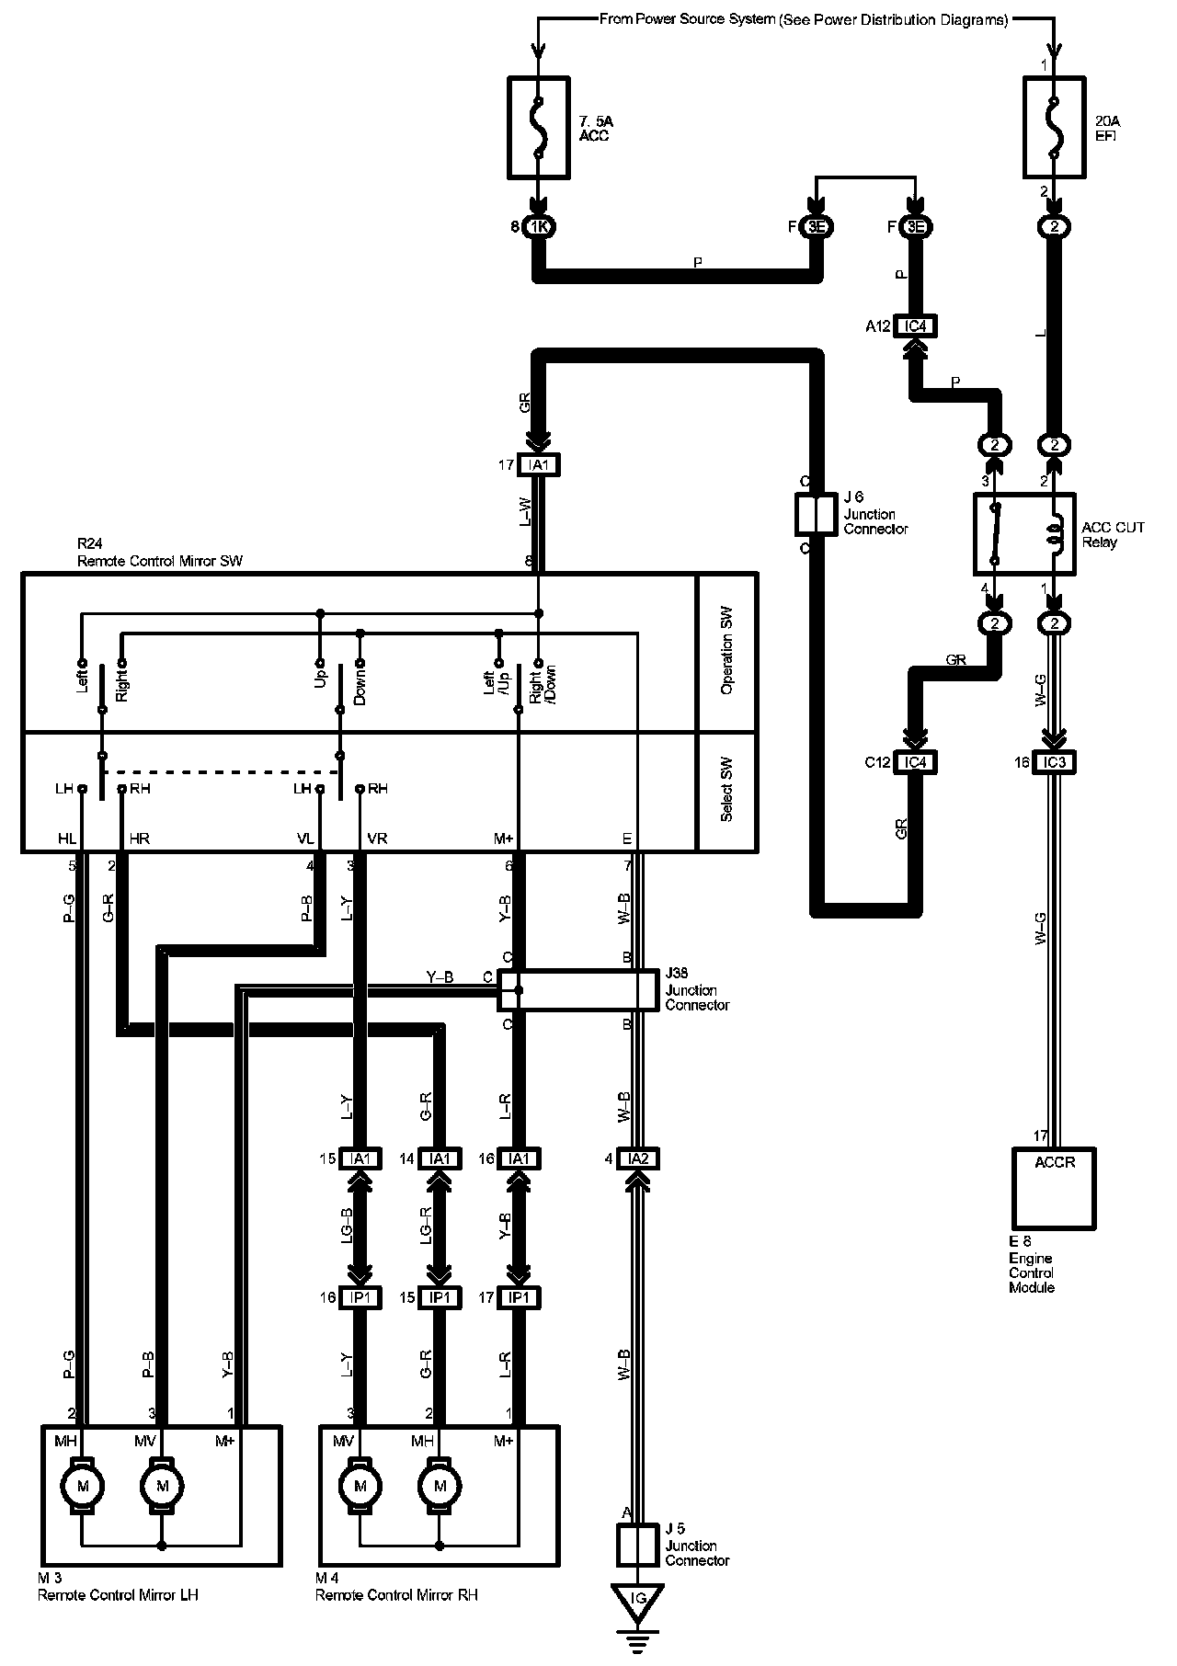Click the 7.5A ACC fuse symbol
pos(539,127)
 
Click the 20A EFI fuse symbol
pos(1055,127)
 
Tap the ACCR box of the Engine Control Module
pos(1055,1188)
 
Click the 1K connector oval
pos(539,226)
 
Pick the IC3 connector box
pos(1055,762)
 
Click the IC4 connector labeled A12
pos(915,326)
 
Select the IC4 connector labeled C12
pos(915,762)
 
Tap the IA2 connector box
pos(638,1158)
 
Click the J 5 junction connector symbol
pos(638,1546)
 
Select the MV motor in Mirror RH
pos(360,1486)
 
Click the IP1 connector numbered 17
pos(520,1297)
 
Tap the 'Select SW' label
pos(727,792)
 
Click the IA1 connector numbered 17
pos(539,465)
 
